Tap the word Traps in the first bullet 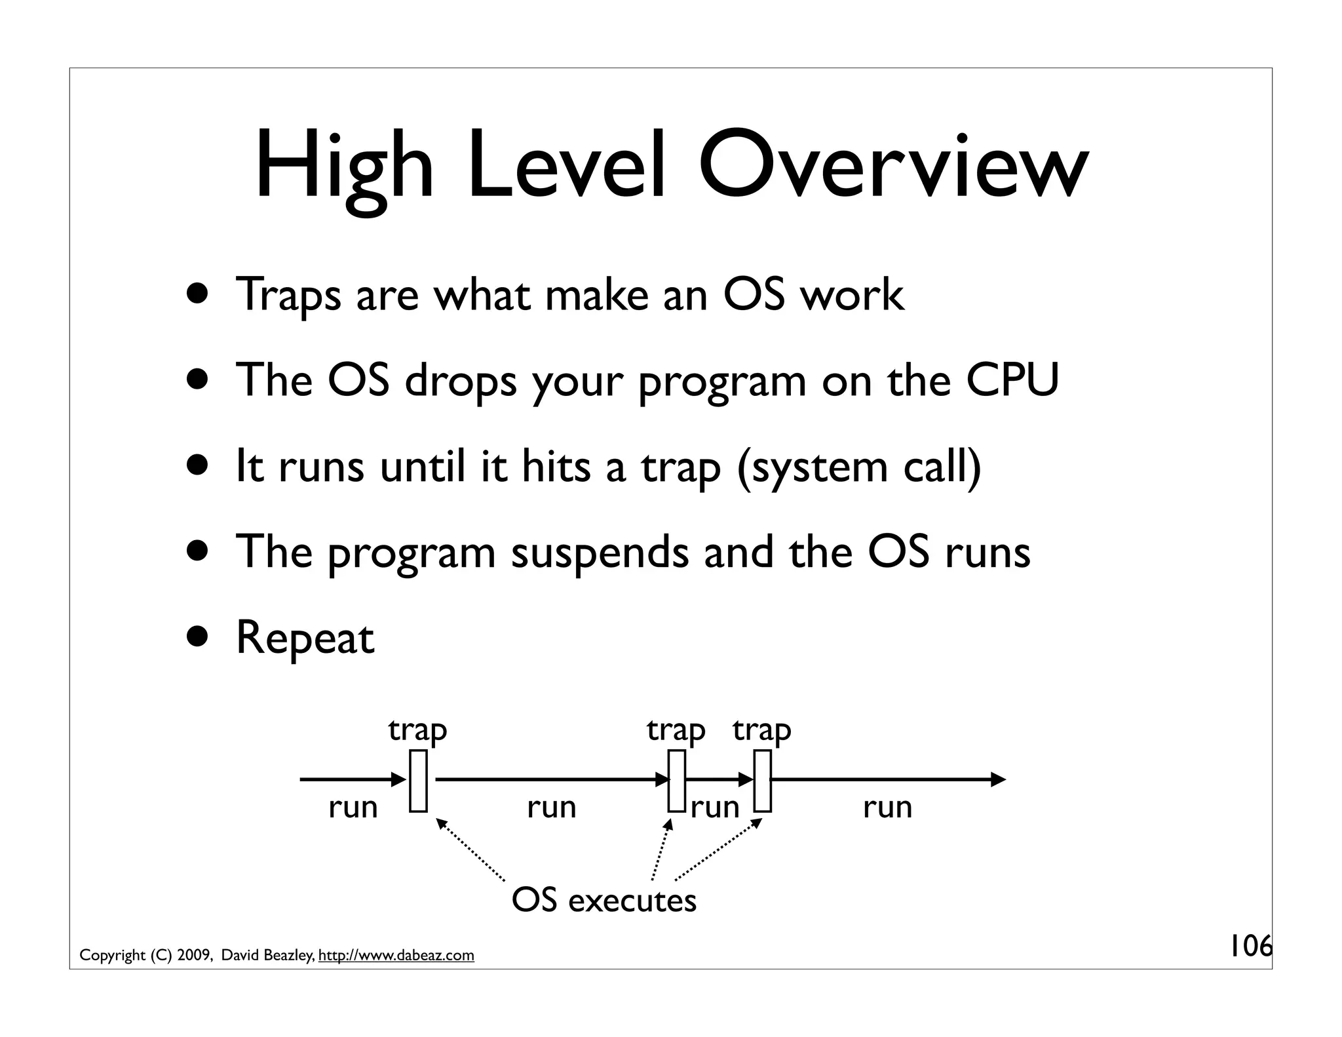tap(288, 295)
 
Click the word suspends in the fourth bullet tap(599, 553)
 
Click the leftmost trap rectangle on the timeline tap(418, 781)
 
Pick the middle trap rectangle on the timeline tap(677, 781)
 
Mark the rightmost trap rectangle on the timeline tap(762, 781)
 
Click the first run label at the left tap(353, 808)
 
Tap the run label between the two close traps tap(715, 808)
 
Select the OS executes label tap(604, 901)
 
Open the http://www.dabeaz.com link tap(396, 956)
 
